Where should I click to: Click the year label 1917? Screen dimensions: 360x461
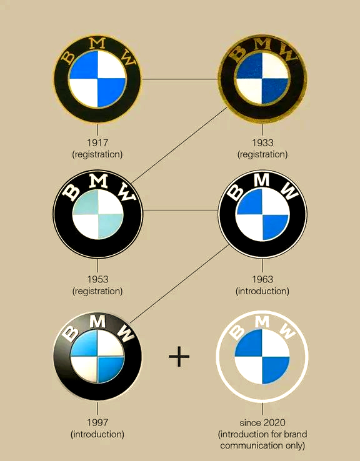tap(97, 142)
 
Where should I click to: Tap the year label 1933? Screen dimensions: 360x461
tap(262, 142)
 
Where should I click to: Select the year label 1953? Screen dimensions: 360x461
tap(97, 279)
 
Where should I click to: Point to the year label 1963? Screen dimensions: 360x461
tap(262, 279)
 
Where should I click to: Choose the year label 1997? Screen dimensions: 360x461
tap(97, 422)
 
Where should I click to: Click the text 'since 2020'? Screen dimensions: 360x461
tap(262, 422)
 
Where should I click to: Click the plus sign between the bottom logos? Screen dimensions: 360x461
tap(179, 357)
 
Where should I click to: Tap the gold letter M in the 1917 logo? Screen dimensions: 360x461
tap(97, 43)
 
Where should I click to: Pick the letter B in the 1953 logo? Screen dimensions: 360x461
tap(71, 192)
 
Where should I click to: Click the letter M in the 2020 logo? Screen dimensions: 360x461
tap(262, 322)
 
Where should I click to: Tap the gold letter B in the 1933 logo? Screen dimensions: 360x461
tap(237, 53)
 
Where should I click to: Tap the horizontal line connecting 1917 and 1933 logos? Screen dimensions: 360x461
tap(179, 79)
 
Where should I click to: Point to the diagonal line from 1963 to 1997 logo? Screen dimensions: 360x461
tap(179, 284)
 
